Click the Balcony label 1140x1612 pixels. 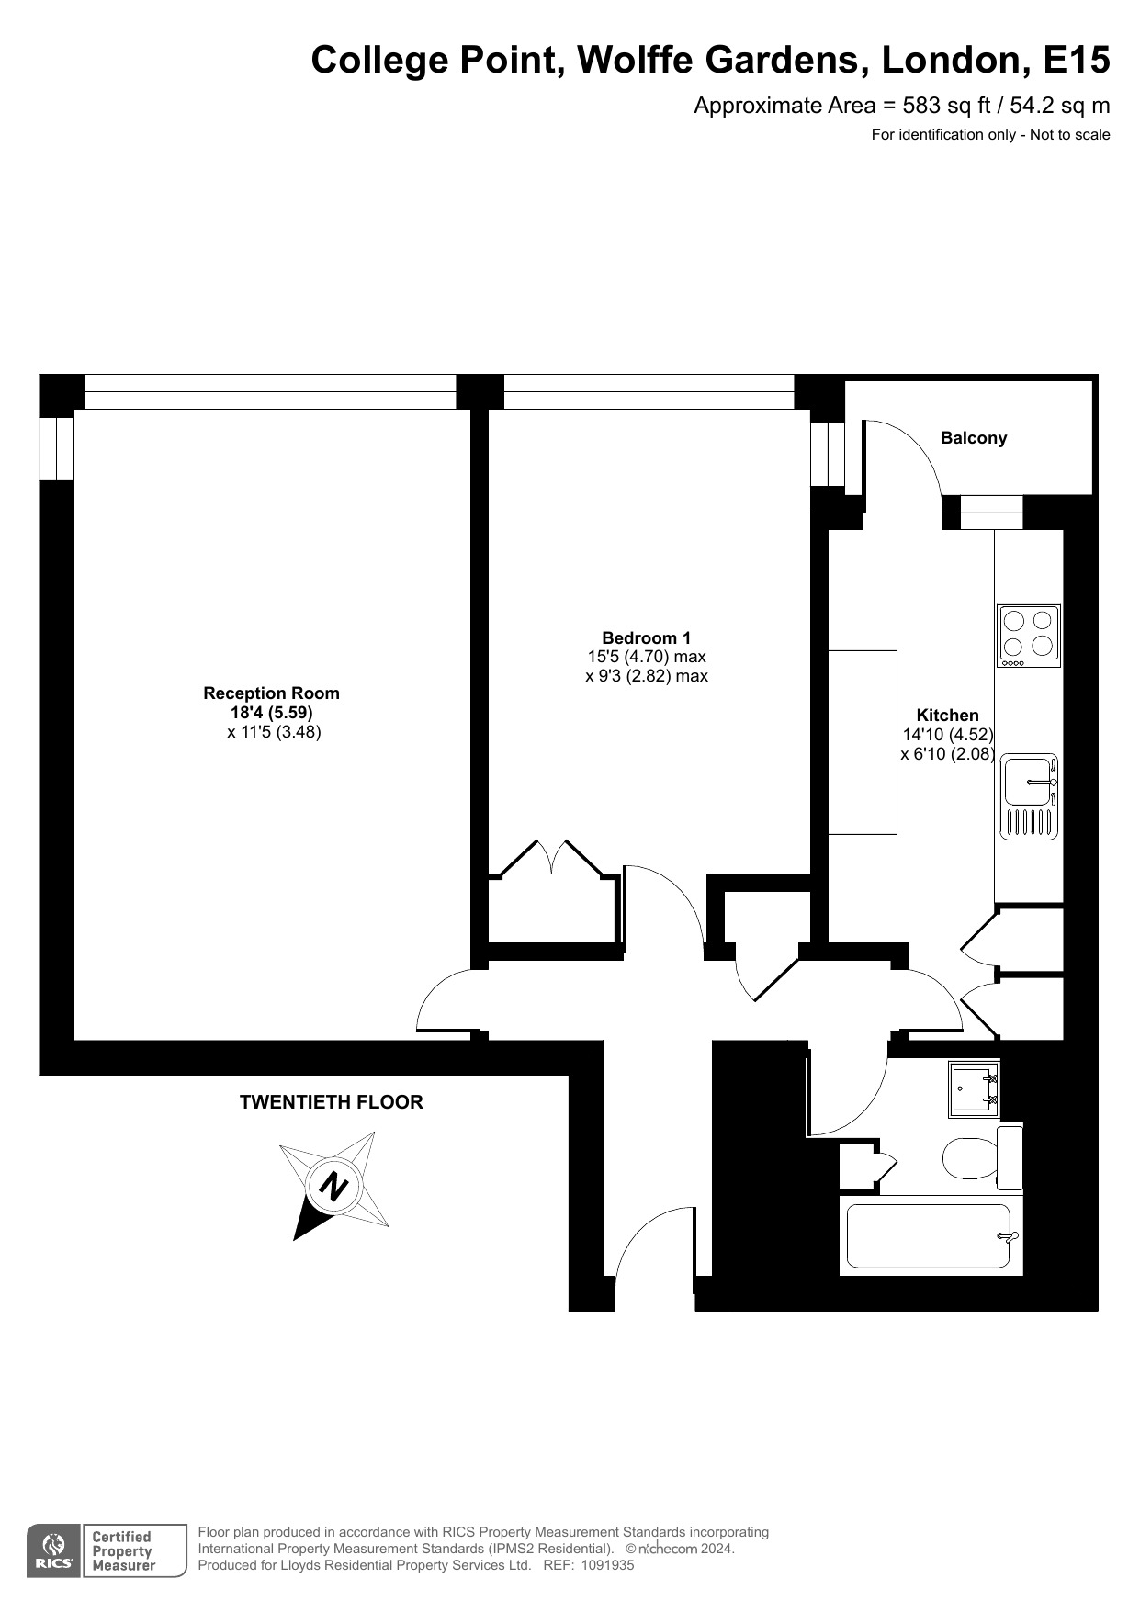[973, 438]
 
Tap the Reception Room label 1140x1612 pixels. [271, 693]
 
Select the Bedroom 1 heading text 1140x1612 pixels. [646, 637]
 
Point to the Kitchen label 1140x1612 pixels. [947, 715]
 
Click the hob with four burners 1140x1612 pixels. [1029, 635]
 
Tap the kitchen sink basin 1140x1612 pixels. [1027, 782]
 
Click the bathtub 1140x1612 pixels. [931, 1236]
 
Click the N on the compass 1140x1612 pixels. [332, 1186]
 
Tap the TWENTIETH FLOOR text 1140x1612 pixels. [331, 1102]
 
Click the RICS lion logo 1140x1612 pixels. [53, 1550]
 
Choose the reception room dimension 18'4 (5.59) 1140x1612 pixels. [271, 713]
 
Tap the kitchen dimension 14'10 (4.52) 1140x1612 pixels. [947, 735]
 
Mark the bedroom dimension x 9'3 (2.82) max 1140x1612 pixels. [647, 676]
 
